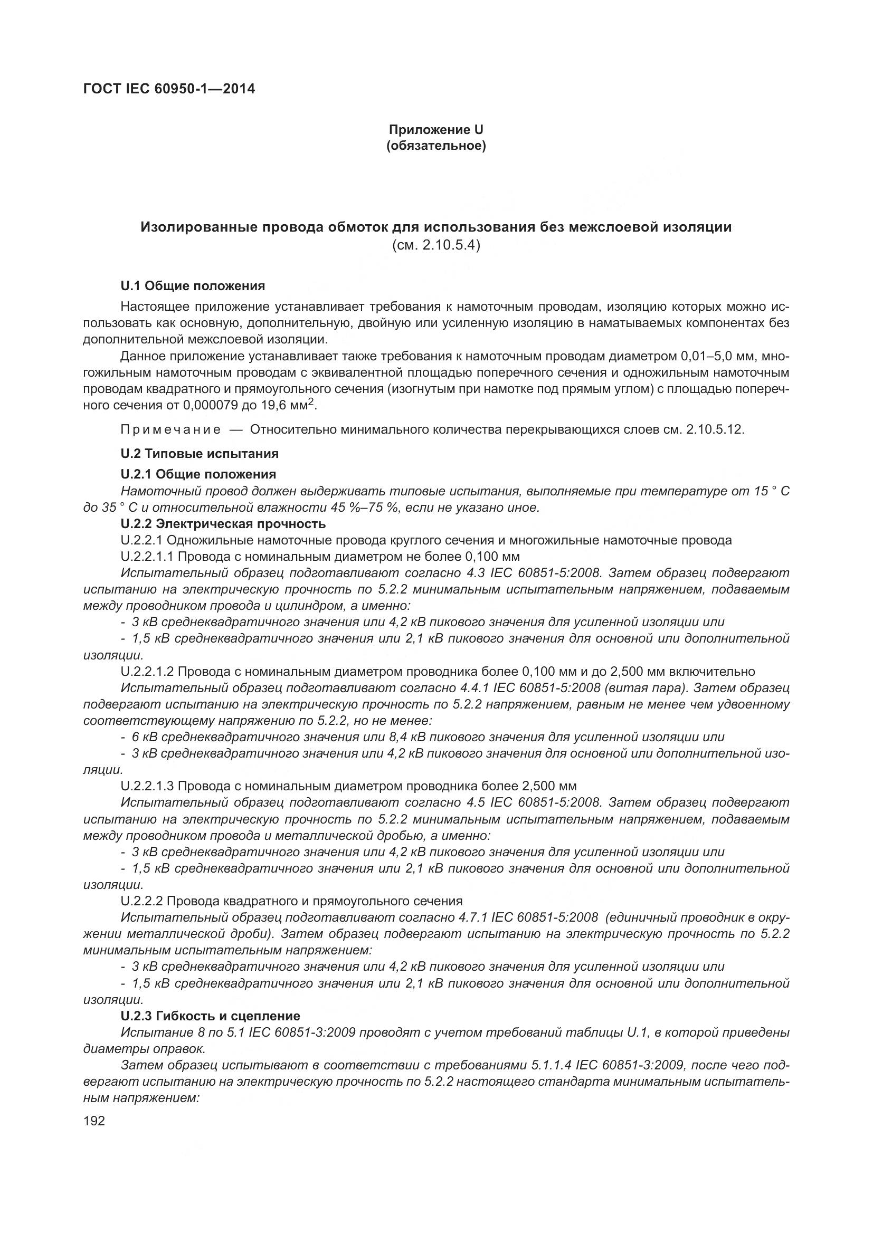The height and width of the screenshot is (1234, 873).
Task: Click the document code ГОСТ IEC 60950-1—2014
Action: click(x=169, y=89)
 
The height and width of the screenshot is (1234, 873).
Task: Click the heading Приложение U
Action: click(x=436, y=130)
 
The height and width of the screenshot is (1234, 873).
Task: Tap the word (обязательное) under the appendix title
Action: click(x=436, y=146)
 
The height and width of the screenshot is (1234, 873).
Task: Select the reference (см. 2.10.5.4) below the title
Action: click(x=436, y=246)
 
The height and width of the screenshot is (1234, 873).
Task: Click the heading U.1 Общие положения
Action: click(x=193, y=286)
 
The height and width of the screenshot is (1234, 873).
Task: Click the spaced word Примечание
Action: click(x=170, y=429)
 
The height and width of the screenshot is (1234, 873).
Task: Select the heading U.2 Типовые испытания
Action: click(x=200, y=454)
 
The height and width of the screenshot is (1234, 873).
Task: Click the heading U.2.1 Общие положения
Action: click(x=198, y=474)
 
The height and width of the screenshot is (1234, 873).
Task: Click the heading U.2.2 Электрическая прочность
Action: click(x=223, y=523)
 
